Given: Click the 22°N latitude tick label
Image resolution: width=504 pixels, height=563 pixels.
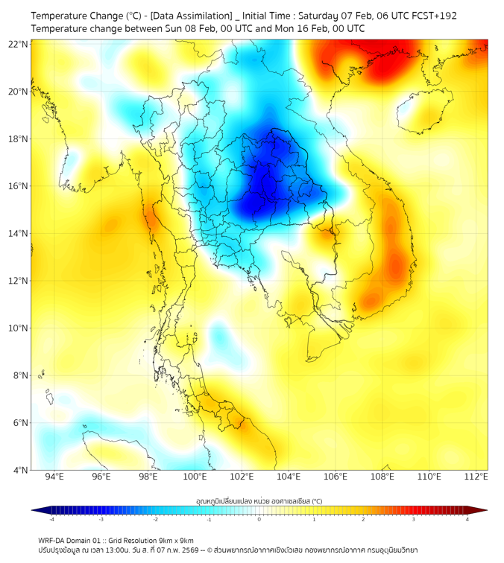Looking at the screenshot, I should pyautogui.click(x=19, y=44).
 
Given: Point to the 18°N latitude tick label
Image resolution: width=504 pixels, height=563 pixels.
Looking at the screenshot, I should pyautogui.click(x=19, y=139).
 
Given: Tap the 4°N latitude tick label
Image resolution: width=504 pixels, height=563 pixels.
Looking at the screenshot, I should pyautogui.click(x=21, y=470).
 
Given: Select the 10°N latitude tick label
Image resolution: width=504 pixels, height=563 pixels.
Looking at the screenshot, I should pyautogui.click(x=19, y=328).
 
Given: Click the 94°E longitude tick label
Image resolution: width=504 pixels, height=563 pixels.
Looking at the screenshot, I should pyautogui.click(x=54, y=477).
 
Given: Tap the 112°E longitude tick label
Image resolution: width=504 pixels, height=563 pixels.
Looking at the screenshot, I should pyautogui.click(x=476, y=477).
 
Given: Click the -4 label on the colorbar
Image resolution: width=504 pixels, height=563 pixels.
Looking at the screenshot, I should pyautogui.click(x=51, y=519).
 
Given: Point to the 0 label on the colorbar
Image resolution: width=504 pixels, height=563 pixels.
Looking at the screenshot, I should pyautogui.click(x=259, y=519).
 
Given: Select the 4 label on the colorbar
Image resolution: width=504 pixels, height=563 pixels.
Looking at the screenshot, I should pyautogui.click(x=467, y=519).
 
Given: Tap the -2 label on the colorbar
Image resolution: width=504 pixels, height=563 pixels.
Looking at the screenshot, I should pyautogui.click(x=155, y=519).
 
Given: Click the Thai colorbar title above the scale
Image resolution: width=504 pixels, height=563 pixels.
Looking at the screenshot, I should pyautogui.click(x=259, y=500).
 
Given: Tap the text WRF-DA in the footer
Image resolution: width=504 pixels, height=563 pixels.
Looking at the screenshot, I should pyautogui.click(x=53, y=540).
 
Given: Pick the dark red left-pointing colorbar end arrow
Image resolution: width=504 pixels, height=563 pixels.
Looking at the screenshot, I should pyautogui.click(x=482, y=510).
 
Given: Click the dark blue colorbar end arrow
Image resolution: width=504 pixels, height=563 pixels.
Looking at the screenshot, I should pyautogui.click(x=37, y=510).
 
